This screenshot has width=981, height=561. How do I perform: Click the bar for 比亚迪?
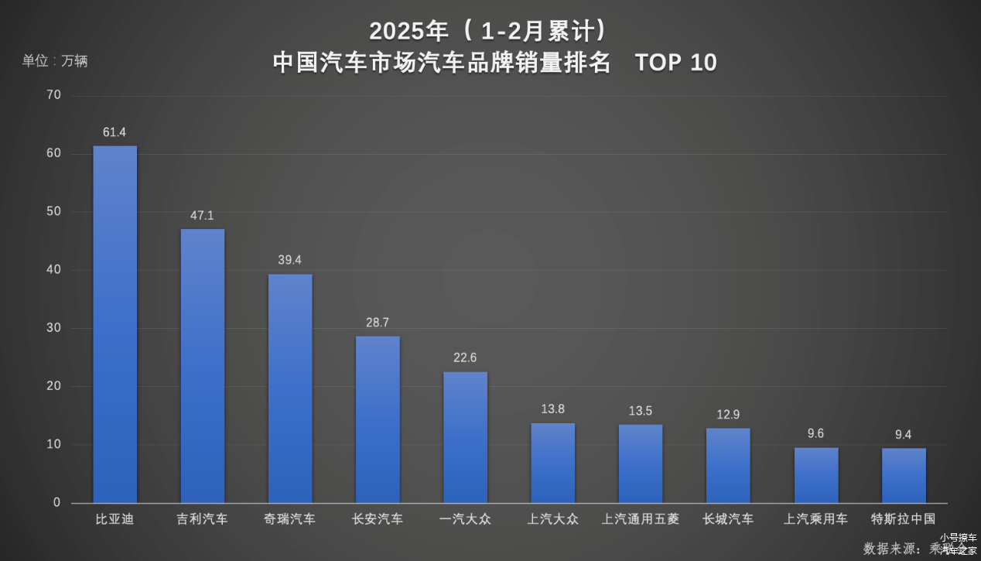click(115, 324)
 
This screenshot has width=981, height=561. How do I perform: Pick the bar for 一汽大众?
click(465, 437)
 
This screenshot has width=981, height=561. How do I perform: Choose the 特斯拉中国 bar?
click(904, 475)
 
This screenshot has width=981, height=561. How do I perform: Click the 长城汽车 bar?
click(728, 465)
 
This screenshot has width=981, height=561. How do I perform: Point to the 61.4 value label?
click(115, 133)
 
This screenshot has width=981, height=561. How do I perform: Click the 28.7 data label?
click(378, 323)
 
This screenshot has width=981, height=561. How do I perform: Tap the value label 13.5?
click(641, 411)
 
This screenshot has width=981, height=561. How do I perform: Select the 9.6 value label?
click(815, 434)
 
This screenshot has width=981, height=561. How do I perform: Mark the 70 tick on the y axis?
click(53, 95)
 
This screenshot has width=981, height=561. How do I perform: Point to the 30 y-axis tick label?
click(53, 328)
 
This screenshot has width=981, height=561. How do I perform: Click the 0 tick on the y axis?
click(56, 503)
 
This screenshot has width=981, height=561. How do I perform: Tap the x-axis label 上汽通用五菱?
click(641, 519)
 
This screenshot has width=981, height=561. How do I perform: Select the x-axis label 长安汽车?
click(378, 519)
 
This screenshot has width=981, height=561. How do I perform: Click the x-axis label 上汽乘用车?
click(815, 519)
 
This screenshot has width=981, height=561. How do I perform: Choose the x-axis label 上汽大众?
click(552, 519)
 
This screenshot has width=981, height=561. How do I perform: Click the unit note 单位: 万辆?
click(55, 61)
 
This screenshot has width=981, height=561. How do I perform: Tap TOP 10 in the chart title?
click(676, 63)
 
